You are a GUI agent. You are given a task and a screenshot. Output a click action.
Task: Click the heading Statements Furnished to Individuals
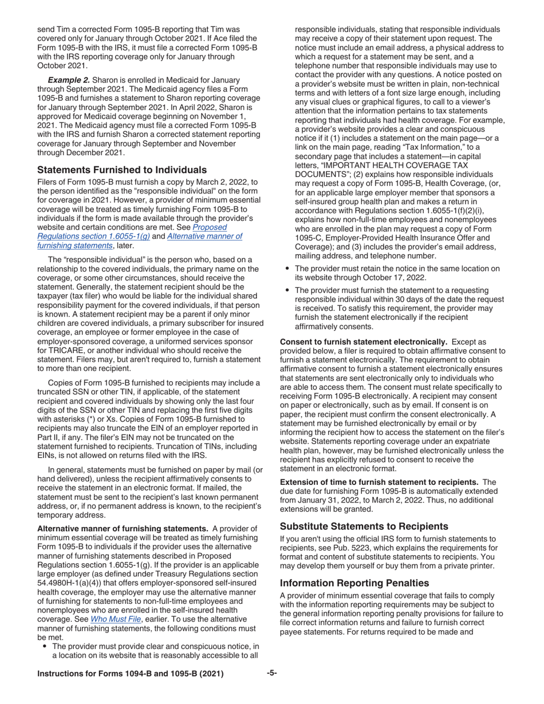pos(122,170)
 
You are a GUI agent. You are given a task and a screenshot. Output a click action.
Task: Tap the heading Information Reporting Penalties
pos(354,583)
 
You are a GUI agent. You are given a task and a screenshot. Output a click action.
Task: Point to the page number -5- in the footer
pos(272,673)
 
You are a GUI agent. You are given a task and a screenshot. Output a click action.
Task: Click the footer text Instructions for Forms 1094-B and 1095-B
pos(130,674)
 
